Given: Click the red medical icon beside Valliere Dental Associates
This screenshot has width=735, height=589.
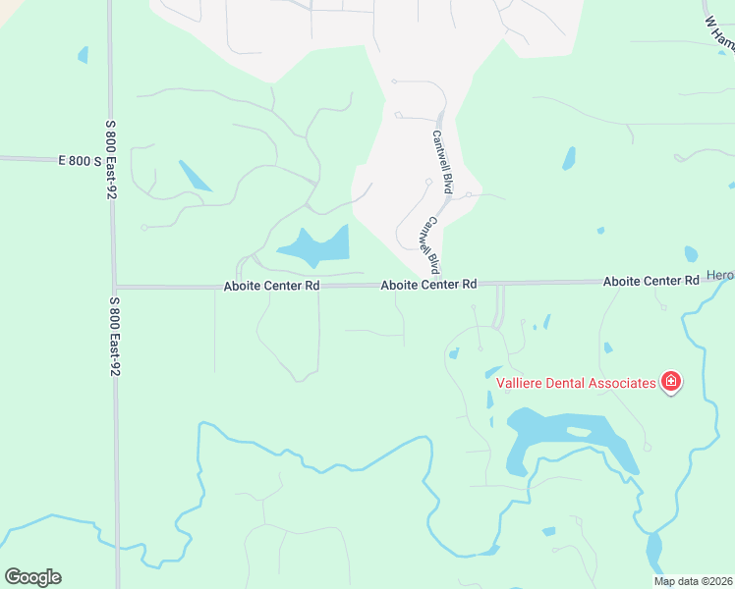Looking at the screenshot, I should [671, 382].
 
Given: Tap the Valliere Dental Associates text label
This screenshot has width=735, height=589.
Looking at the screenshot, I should [575, 383].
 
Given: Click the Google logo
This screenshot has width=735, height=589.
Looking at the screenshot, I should [32, 577].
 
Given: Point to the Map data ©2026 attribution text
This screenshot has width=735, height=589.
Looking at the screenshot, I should [692, 581].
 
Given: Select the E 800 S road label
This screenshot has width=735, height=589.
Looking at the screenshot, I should [80, 159].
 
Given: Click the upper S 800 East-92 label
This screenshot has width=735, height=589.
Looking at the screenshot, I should [111, 160].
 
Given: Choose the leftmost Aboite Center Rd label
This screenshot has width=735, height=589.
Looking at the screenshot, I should [271, 286].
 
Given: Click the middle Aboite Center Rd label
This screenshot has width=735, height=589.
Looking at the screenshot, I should [429, 284].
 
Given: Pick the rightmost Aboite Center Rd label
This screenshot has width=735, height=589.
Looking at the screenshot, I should [650, 281].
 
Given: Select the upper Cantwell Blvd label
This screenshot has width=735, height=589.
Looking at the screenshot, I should [442, 161].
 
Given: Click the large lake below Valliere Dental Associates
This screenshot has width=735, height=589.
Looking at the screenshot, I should [570, 437].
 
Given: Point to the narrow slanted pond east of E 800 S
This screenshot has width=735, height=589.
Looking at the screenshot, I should [195, 175].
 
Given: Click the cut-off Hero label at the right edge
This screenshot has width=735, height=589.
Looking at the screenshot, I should [720, 277].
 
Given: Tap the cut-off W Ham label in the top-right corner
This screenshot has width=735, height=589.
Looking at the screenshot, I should [720, 34].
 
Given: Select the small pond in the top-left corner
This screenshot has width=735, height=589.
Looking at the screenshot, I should [83, 55].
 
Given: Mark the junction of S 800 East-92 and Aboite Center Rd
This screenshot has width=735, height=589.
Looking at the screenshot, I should [114, 287].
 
